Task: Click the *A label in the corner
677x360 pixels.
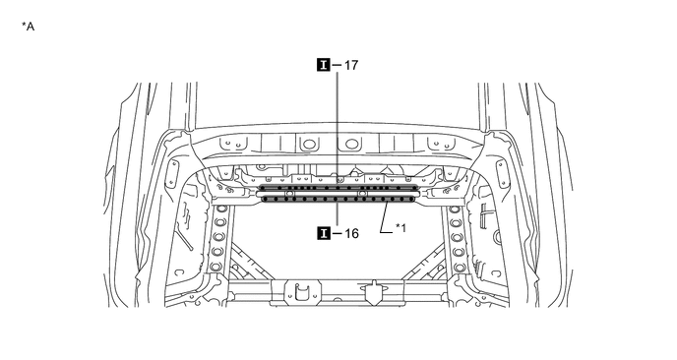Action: coord(29,27)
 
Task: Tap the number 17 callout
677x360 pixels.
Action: coord(351,65)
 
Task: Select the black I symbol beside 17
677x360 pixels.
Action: coord(324,65)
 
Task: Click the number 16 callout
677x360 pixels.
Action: coord(351,233)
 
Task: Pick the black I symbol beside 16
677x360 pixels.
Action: coord(324,233)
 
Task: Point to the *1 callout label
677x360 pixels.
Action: coord(400,228)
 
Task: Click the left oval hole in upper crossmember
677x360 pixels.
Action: coord(307,145)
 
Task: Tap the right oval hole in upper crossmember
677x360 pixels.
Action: coord(351,144)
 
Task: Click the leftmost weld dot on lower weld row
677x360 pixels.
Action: coord(266,200)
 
